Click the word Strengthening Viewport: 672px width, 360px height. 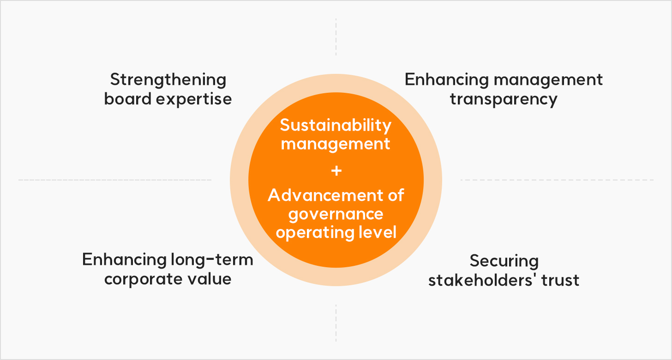coord(168,80)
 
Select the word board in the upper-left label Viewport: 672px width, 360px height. coord(128,99)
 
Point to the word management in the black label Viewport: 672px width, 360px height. coord(548,81)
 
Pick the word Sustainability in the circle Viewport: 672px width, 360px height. coord(336,126)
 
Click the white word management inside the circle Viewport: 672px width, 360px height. coord(336,144)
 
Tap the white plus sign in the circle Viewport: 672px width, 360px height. coord(336,171)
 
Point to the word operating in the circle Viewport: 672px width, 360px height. coord(311,233)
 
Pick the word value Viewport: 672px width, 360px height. coord(210,279)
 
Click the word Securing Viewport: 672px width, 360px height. coord(504,262)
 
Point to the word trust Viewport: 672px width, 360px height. coord(560,281)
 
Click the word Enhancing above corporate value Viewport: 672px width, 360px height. coord(124,260)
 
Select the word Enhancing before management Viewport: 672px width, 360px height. coord(447,80)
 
